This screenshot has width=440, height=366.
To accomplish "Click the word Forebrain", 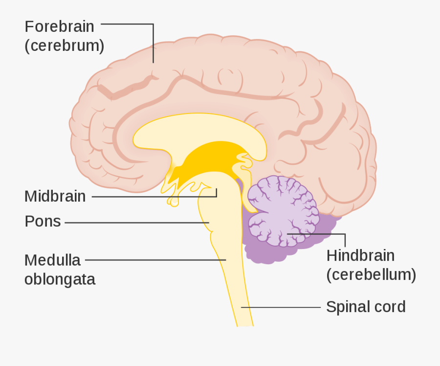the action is pos(60,27).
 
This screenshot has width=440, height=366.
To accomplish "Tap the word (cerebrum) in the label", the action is pos(65,46).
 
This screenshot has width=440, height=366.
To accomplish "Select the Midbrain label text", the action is pos(55,196).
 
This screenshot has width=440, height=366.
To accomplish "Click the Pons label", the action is pos(43,221).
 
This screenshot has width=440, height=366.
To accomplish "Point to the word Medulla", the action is pos(52,260).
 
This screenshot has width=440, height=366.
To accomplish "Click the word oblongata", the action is pos(60,280).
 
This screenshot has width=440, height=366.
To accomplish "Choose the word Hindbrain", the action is pos(361,255).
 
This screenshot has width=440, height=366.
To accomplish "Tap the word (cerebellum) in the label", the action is pos(371,274).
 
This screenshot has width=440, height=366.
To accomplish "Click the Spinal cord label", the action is pos(366,307).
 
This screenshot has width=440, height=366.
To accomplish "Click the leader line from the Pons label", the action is pos(137,223).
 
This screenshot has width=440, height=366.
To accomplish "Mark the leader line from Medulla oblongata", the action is pos(155,260).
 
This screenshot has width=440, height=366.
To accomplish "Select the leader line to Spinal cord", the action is pos(281,307).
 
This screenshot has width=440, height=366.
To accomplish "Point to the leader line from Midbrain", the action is pos(154,197).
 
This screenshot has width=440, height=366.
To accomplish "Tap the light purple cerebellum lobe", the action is pos(284,211).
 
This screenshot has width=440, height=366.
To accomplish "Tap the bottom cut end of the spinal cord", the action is pos(245,325).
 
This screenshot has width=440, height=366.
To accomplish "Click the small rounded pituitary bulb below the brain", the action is pos(174,202).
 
